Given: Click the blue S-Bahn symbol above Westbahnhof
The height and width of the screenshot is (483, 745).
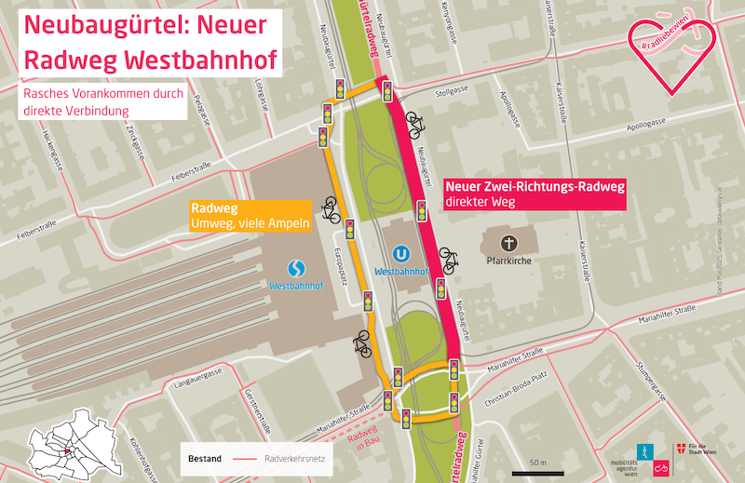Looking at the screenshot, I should pyautogui.click(x=295, y=267).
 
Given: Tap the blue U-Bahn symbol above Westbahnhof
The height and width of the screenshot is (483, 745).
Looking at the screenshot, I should pyautogui.click(x=400, y=252).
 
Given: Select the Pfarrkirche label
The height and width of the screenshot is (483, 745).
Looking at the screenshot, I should pyautogui.click(x=508, y=262).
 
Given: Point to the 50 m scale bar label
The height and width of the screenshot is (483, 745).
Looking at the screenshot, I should pyautogui.click(x=537, y=462).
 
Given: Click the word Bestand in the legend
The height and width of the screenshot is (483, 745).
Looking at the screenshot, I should pyautogui.click(x=204, y=459).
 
